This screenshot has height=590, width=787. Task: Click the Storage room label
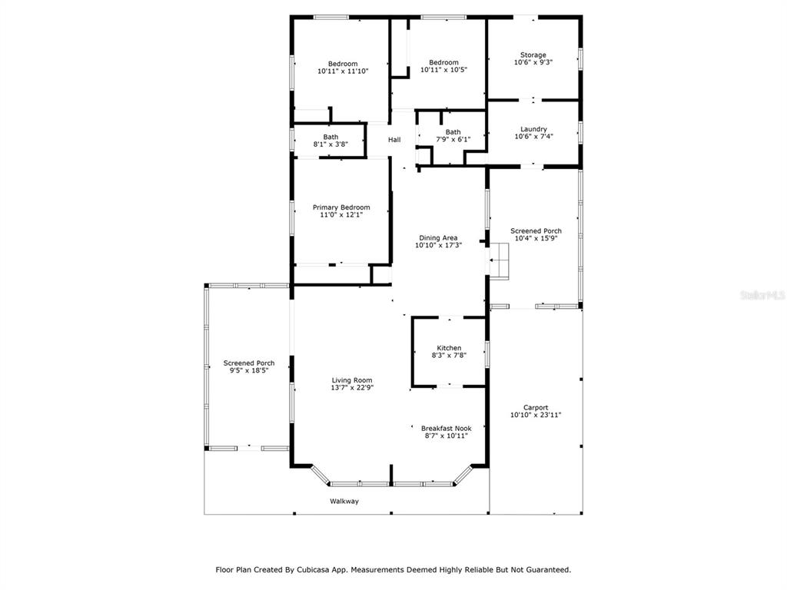coord(533,55)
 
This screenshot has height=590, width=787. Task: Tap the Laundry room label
coord(533,129)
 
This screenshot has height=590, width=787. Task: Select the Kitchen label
coord(449,348)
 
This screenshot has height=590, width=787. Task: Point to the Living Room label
coord(352,380)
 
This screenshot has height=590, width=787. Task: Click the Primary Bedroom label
coord(341,207)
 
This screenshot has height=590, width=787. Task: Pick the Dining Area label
coord(438,238)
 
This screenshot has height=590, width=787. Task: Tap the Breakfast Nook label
coord(447,429)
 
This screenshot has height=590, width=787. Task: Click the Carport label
coord(536,407)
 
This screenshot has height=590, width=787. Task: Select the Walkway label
coord(344,501)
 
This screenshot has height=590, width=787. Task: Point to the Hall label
coord(394,140)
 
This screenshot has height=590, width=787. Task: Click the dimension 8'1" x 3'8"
coord(330,144)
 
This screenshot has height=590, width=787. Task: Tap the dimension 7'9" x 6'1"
coord(453,140)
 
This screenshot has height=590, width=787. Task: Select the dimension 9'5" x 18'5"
coord(249,370)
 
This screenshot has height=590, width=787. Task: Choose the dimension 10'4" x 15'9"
coord(536,238)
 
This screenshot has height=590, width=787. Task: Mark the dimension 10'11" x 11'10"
coord(343,71)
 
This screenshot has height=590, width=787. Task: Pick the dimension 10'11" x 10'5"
coord(443,70)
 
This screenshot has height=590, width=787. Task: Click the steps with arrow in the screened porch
coord(499,260)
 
